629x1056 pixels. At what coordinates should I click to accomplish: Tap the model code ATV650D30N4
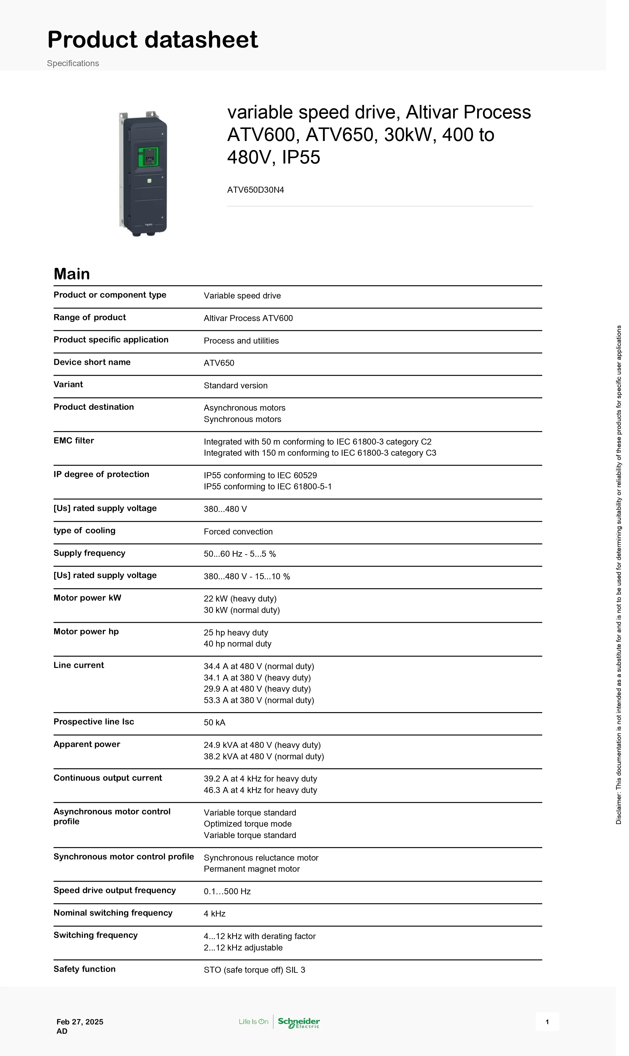click(x=255, y=190)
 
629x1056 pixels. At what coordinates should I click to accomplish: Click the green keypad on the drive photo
click(x=148, y=157)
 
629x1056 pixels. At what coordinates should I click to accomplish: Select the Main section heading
click(x=72, y=274)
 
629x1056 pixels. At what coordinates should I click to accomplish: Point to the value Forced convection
click(x=238, y=531)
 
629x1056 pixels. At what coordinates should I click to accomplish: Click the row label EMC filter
click(x=74, y=441)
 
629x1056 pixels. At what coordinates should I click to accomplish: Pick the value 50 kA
click(x=214, y=723)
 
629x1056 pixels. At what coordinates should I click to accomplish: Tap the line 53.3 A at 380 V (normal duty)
click(x=259, y=700)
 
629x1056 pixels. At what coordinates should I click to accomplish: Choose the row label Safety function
click(x=84, y=969)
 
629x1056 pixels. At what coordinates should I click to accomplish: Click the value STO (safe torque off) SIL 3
click(x=254, y=970)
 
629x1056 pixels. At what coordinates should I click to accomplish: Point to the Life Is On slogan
click(x=253, y=1022)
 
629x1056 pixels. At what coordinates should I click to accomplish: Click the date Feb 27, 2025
click(x=80, y=1022)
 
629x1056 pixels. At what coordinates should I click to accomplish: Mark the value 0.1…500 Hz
click(x=227, y=892)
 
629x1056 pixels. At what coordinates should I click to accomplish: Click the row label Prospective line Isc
click(x=94, y=722)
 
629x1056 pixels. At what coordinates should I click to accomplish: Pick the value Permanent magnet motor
click(x=251, y=869)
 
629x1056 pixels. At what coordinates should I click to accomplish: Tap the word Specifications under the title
click(x=73, y=63)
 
